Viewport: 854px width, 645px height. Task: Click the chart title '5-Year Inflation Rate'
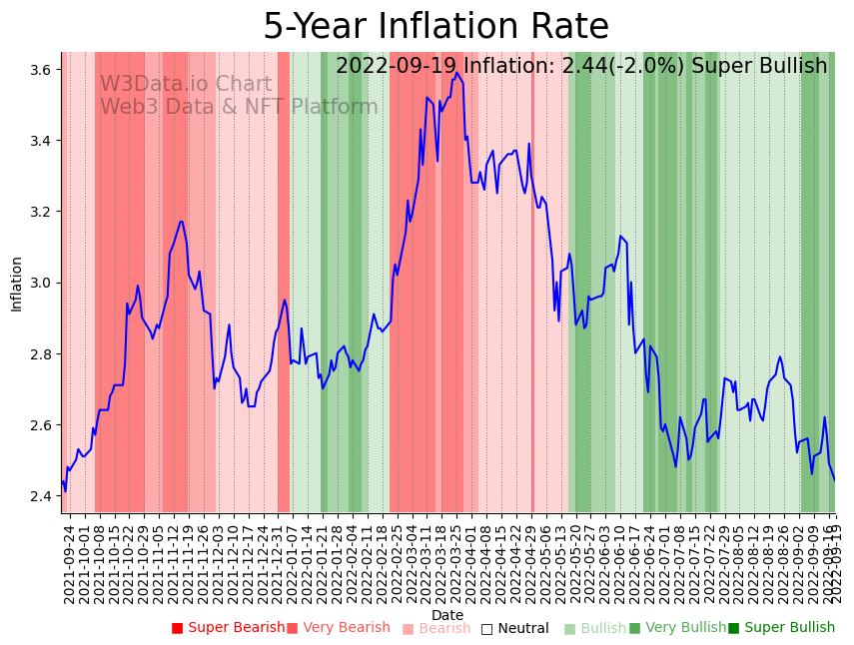435,27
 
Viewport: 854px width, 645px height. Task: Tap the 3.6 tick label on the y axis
41,70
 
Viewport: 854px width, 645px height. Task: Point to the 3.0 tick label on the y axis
41,284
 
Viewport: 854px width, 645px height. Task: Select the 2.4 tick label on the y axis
41,496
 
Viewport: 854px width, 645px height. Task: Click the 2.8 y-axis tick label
41,354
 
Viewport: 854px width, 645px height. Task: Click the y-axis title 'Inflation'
17,284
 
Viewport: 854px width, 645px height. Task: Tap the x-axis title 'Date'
447,615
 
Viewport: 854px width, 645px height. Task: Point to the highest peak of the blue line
456,73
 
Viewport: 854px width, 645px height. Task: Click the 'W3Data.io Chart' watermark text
185,85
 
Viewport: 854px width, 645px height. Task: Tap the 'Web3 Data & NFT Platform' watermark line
239,107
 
